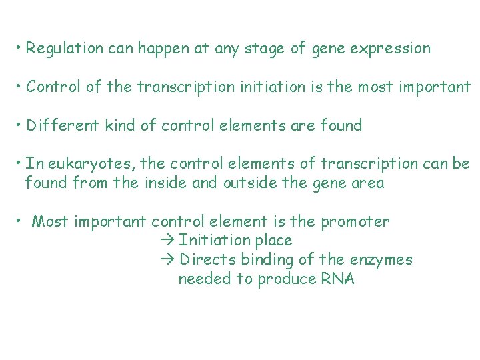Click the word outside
244,183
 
